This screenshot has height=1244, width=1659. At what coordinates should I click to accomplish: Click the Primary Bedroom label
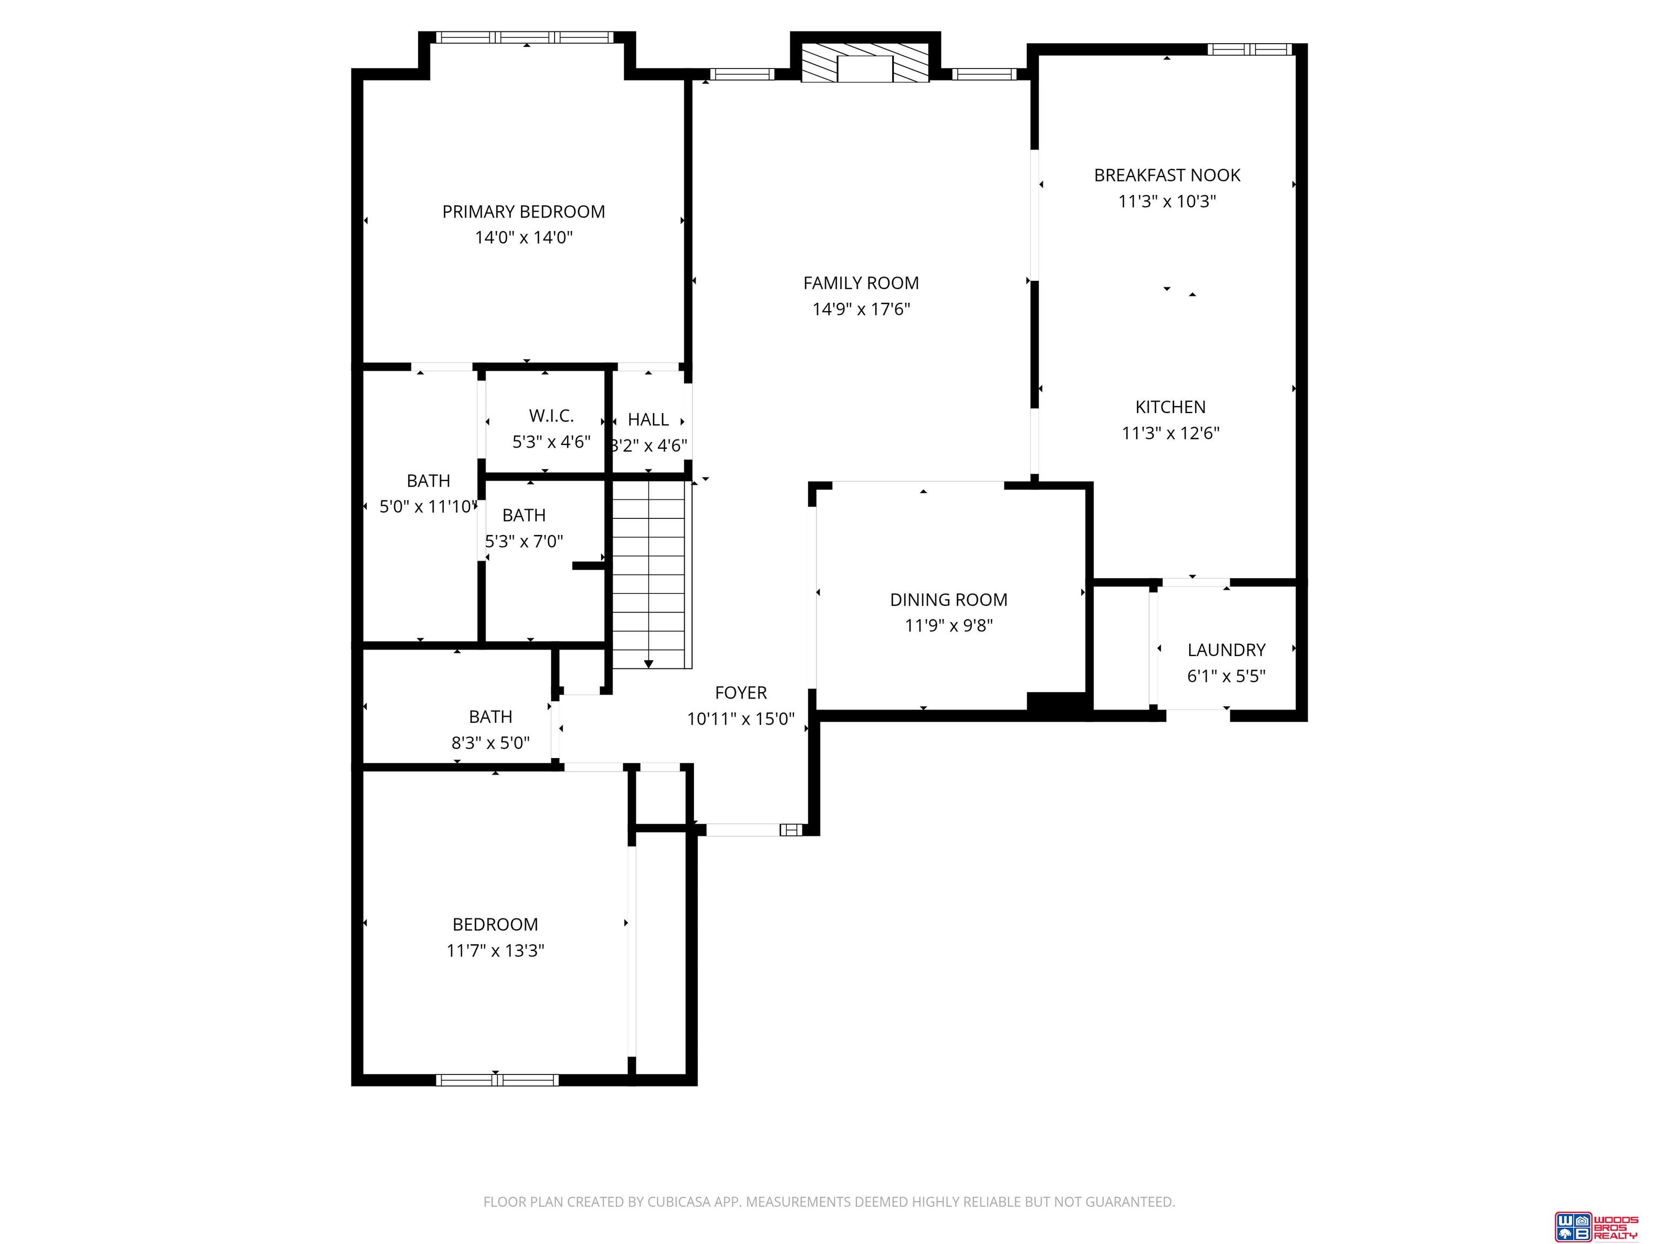click(x=523, y=212)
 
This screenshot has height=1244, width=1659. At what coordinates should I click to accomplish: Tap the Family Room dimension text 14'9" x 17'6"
click(x=861, y=309)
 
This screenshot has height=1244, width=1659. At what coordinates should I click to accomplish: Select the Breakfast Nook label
click(x=1167, y=175)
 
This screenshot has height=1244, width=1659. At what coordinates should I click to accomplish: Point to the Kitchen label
click(x=1170, y=407)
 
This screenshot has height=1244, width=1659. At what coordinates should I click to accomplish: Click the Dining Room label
click(x=949, y=600)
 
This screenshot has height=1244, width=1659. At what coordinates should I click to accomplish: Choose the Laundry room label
click(x=1226, y=650)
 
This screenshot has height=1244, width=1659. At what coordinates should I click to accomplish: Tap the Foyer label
click(x=741, y=693)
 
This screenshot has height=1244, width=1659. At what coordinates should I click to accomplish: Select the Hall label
click(x=648, y=420)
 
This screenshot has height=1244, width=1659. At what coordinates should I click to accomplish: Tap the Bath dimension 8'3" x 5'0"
click(x=490, y=743)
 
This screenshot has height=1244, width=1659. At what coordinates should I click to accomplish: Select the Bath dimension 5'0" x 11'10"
click(x=428, y=507)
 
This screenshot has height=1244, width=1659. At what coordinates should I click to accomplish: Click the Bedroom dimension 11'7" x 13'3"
click(x=495, y=951)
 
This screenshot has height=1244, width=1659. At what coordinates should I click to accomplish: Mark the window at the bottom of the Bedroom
click(x=497, y=1080)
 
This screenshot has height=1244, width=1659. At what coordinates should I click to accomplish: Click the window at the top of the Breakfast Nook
click(x=1250, y=50)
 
